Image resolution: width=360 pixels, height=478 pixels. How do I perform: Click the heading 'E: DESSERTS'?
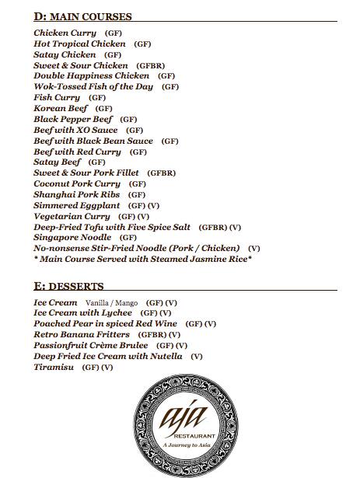(68, 287)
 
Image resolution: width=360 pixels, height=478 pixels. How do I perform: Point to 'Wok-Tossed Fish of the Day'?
(94, 87)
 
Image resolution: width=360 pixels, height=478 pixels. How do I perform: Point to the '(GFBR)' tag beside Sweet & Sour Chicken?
(152, 66)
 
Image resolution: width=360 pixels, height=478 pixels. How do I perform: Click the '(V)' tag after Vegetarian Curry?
(144, 216)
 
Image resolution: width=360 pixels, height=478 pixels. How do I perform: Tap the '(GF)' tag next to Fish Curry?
(97, 99)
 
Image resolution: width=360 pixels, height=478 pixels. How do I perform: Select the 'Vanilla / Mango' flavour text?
(111, 302)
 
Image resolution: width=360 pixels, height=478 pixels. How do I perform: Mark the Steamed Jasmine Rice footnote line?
(143, 259)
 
